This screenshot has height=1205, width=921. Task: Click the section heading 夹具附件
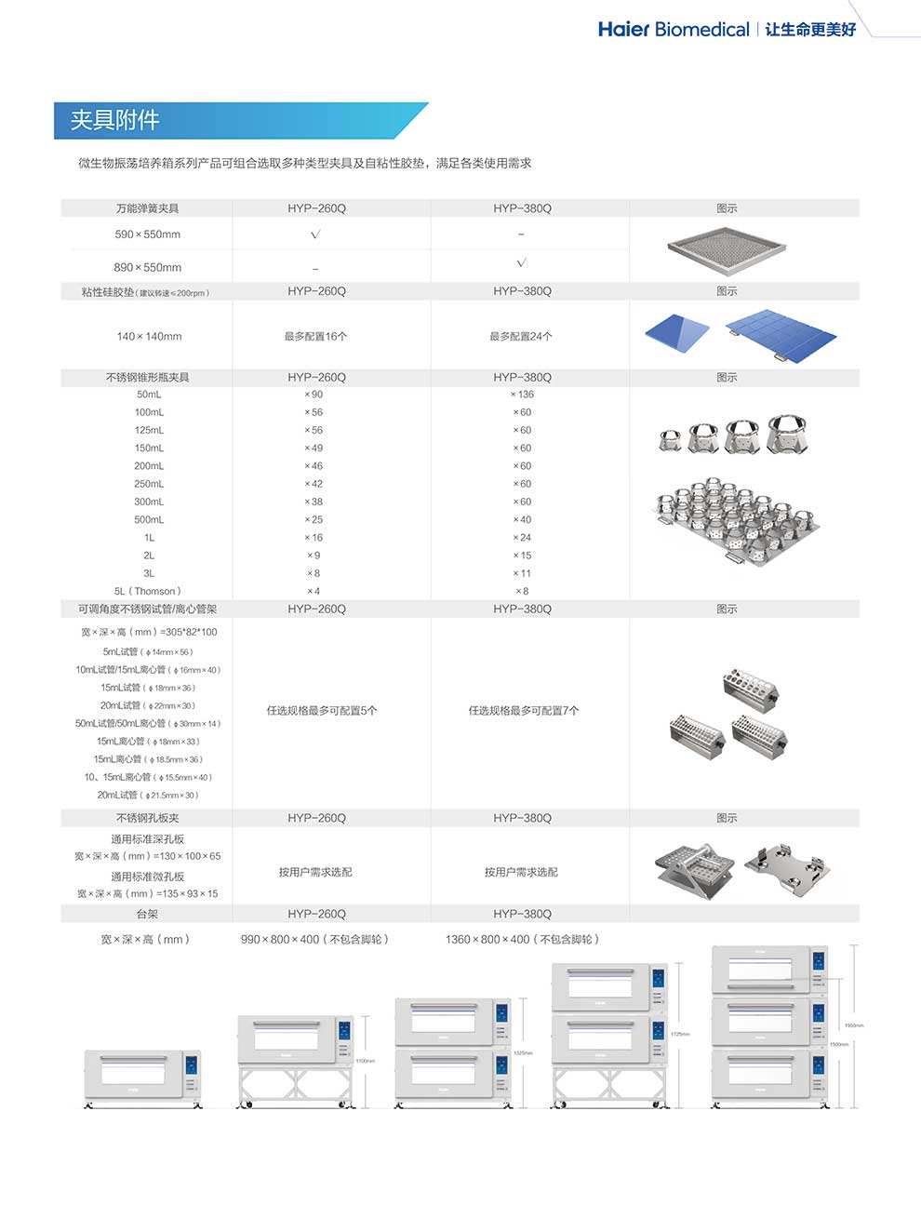click(115, 120)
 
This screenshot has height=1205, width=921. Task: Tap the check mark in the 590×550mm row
click(315, 234)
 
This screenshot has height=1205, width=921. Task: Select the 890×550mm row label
click(148, 267)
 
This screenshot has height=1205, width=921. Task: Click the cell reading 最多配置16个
click(316, 336)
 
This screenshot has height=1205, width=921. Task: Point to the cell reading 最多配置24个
click(521, 336)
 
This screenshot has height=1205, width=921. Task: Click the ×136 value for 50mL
click(522, 395)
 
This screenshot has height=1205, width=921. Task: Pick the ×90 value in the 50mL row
click(314, 395)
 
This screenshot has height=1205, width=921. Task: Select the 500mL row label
click(149, 519)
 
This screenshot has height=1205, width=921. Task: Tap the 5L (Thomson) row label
click(148, 591)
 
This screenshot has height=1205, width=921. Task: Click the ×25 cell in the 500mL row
click(314, 519)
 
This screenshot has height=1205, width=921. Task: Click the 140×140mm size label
click(149, 336)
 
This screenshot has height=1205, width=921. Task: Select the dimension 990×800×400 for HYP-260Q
click(314, 939)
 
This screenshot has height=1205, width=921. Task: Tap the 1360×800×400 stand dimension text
click(522, 939)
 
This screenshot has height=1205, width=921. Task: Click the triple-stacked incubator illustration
click(770, 1024)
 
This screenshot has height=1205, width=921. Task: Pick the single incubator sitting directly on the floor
click(143, 1077)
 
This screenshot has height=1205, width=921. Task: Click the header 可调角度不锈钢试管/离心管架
click(147, 609)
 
